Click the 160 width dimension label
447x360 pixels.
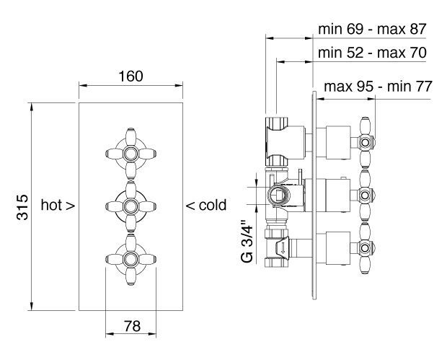coord(130,76)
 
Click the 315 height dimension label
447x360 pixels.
coord(22,207)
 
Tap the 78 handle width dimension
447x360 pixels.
coord(132,325)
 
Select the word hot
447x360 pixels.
coord(52,205)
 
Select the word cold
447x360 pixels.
coord(213,205)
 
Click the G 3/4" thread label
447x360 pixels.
coord(247,240)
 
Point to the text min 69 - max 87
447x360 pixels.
coord(372,29)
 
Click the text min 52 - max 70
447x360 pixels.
coord(372,53)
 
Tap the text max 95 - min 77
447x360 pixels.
coord(379,86)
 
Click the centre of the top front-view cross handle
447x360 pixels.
coord(130,154)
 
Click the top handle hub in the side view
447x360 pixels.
coord(366,142)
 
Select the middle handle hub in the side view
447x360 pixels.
coord(366,196)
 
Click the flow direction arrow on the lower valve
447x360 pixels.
coord(283,248)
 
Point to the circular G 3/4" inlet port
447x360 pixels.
coord(278,196)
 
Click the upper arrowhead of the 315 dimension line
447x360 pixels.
coord(31,106)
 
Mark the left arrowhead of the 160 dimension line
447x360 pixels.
coord(83,85)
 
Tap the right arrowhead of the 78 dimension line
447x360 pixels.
coord(152,333)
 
